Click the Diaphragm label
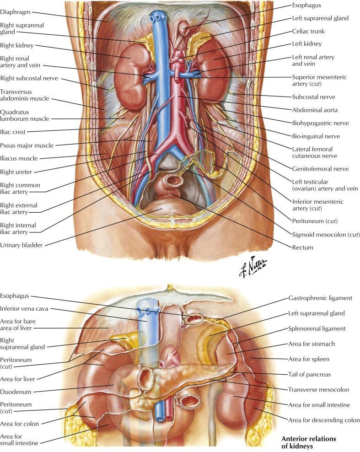[15, 12]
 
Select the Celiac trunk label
[308, 31]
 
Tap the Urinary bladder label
[21, 245]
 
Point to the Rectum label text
[302, 248]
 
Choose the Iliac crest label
[13, 132]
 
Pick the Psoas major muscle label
[27, 145]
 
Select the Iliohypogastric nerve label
[320, 123]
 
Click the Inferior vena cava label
[24, 308]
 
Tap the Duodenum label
[16, 392]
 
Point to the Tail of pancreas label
[309, 374]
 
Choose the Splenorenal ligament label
[317, 328]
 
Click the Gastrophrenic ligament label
[320, 298]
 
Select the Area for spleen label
[309, 359]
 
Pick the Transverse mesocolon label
[318, 389]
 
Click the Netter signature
[253, 267]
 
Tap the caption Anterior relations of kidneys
[309, 442]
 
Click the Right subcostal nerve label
[29, 78]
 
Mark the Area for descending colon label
[324, 420]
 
